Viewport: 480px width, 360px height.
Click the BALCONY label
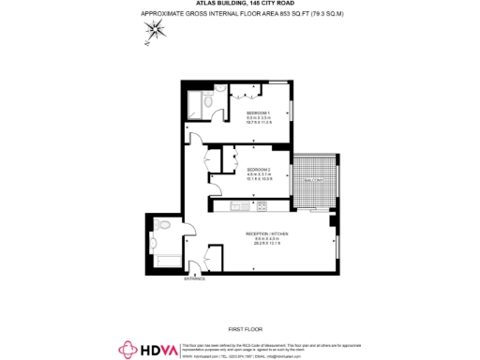(x=312, y=180)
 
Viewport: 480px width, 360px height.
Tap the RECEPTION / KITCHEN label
(x=266, y=232)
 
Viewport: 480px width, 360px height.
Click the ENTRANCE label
(x=194, y=278)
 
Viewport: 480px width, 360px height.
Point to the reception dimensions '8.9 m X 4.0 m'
(x=266, y=239)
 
